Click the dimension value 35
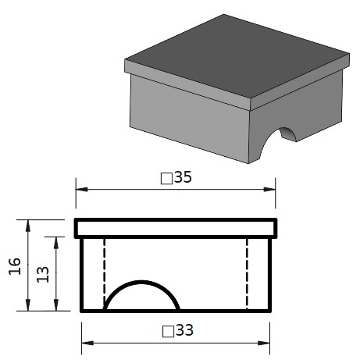point(183,177)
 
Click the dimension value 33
point(184,330)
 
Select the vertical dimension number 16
point(15,266)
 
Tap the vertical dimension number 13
point(43,274)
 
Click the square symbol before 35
point(166,179)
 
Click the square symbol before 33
point(168,332)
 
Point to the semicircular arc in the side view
point(141,282)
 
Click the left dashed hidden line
point(104,273)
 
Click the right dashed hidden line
point(247,273)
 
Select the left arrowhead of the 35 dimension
point(81,189)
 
